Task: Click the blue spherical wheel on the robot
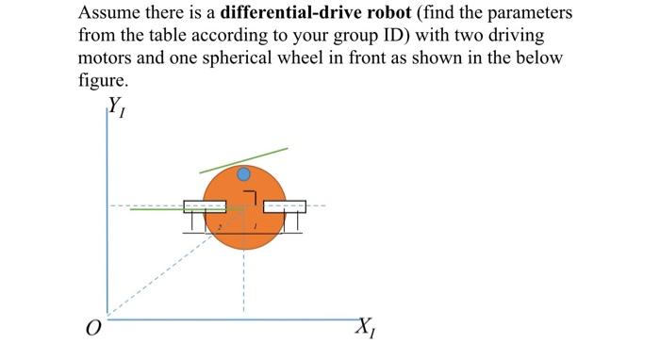(x=244, y=174)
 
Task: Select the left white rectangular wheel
(x=204, y=205)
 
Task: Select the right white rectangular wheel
(x=285, y=205)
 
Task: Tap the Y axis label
(x=117, y=106)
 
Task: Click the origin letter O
(x=91, y=330)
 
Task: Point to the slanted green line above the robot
(x=244, y=159)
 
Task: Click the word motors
(x=107, y=58)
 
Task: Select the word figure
(x=101, y=79)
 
